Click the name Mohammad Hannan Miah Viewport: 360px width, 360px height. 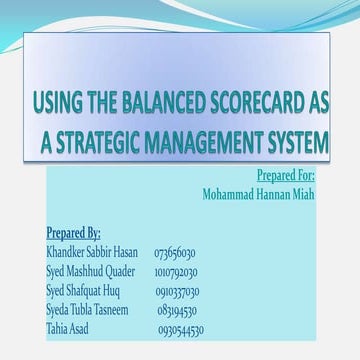coord(257,194)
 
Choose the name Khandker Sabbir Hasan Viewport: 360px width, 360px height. coord(92,253)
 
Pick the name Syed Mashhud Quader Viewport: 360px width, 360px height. coord(91,272)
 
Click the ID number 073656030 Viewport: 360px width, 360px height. coord(175,254)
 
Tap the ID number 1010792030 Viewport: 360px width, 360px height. coord(176,272)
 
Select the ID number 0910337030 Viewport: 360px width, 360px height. coord(178,291)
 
